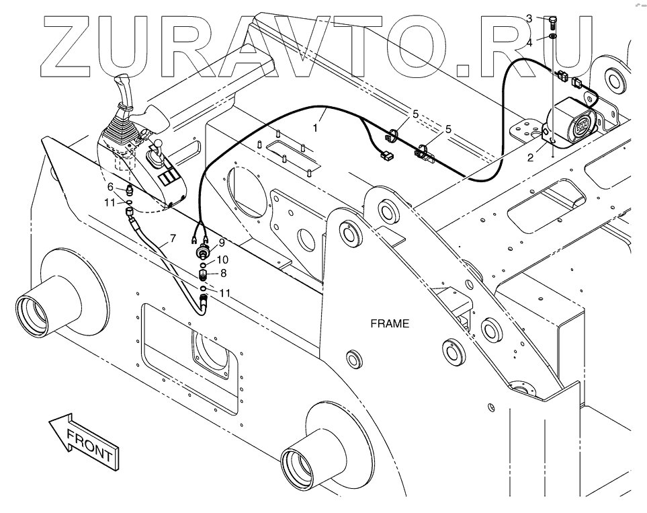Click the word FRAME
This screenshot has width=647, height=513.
(x=390, y=323)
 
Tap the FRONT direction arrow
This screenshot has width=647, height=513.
(x=84, y=441)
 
